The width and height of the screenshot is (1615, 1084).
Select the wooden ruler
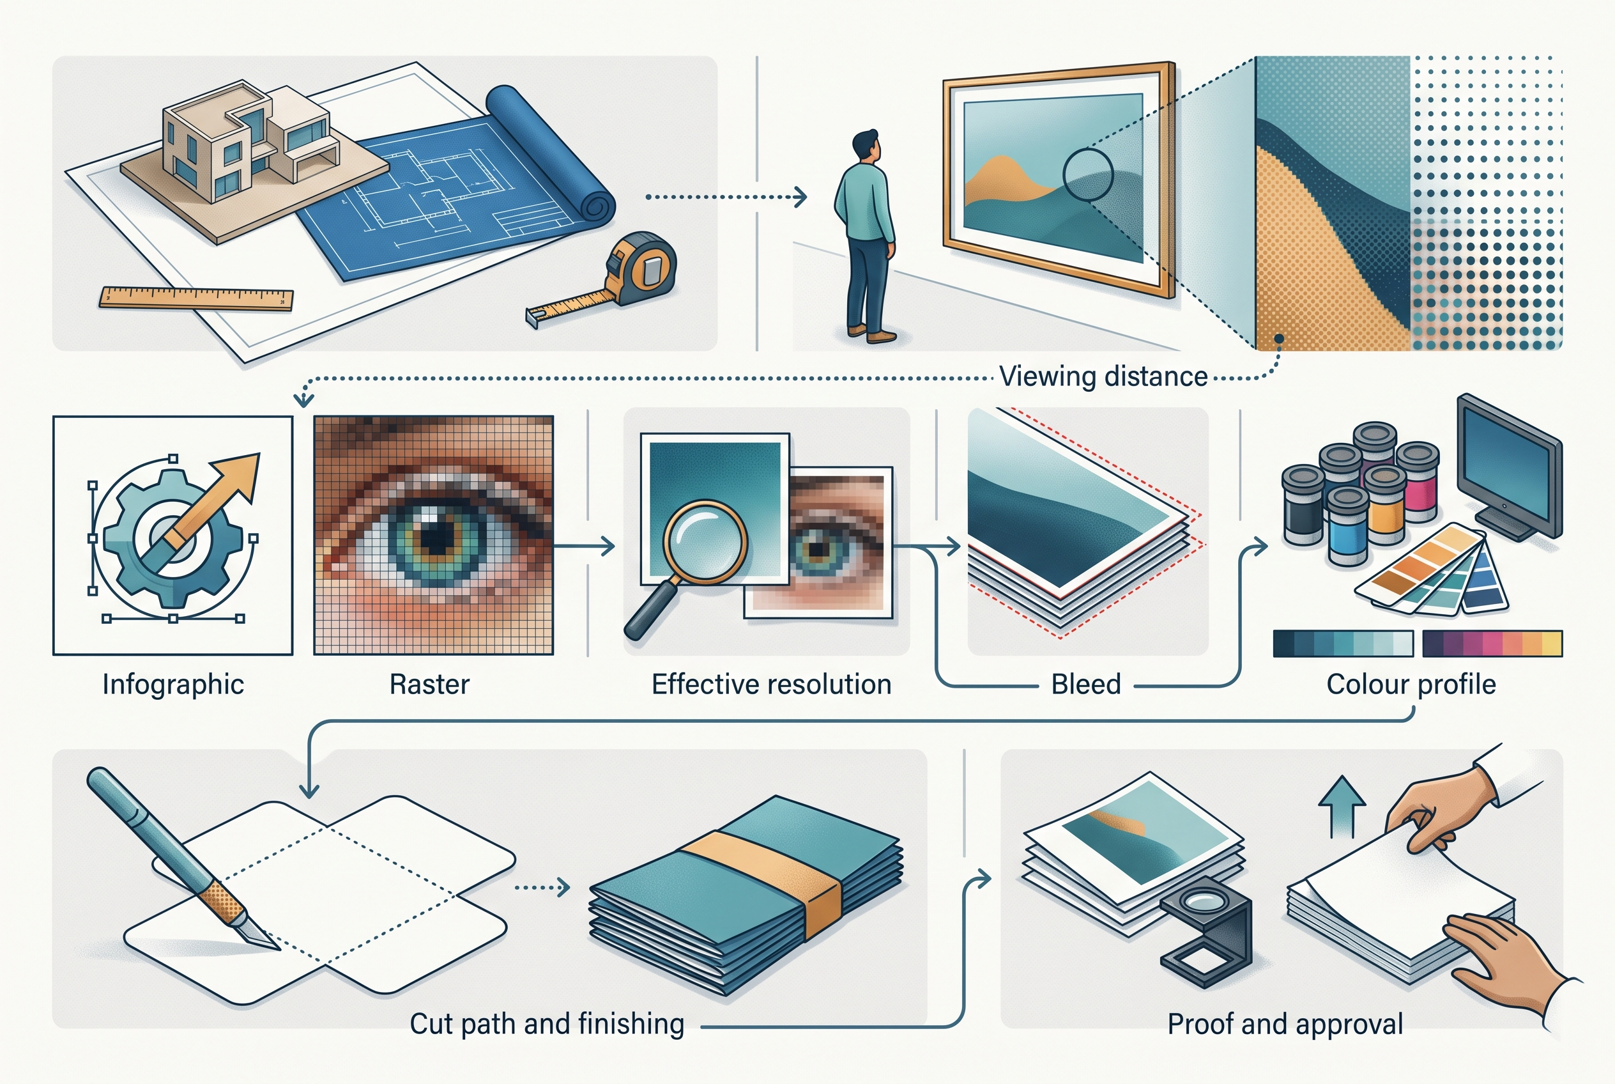click(196, 298)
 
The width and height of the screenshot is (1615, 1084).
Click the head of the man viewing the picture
click(866, 146)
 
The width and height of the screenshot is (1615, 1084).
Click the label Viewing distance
click(1103, 376)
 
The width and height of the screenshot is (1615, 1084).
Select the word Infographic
click(172, 685)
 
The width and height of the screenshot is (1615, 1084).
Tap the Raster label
click(429, 685)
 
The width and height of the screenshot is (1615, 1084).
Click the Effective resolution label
click(771, 685)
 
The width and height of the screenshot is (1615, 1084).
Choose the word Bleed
click(1085, 685)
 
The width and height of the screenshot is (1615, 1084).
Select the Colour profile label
click(1411, 685)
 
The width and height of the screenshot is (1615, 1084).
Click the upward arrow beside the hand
click(1342, 806)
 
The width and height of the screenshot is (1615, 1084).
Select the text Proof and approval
click(1285, 1024)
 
